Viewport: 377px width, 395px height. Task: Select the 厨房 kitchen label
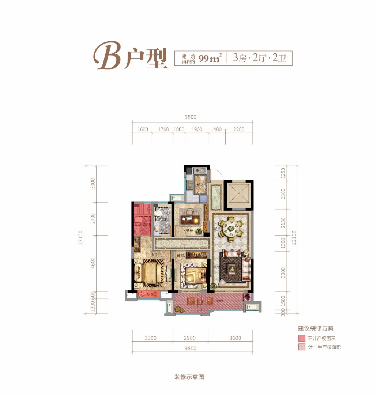(x=200, y=185)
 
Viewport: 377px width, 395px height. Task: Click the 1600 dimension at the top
(x=143, y=129)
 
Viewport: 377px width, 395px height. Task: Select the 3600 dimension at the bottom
(x=236, y=338)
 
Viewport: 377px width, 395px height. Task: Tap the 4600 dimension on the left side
(x=93, y=263)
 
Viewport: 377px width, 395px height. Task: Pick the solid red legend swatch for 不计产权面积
(x=301, y=338)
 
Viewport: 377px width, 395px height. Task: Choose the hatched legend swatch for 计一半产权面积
(x=301, y=347)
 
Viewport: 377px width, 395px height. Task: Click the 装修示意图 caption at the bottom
(x=189, y=377)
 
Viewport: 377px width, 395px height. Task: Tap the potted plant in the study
(x=199, y=231)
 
